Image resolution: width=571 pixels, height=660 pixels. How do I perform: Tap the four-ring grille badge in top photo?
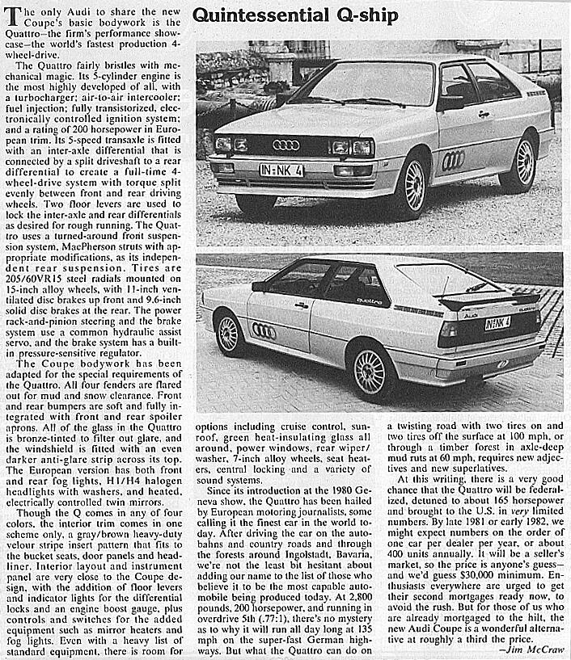(286, 145)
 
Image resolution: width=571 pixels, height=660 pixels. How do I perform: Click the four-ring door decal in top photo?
(454, 159)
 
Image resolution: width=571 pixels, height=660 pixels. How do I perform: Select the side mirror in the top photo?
(449, 102)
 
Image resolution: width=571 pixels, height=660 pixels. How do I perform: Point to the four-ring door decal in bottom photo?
(264, 330)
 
